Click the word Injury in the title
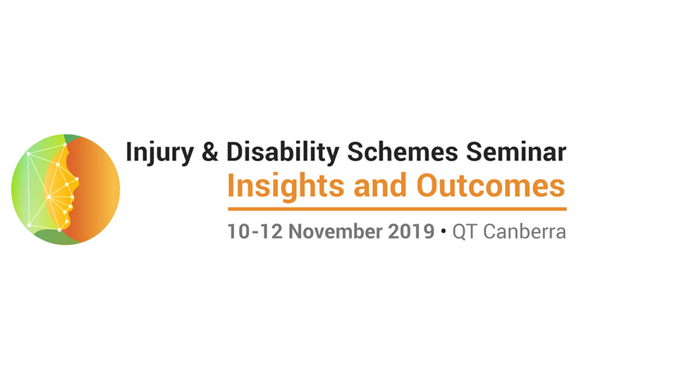point(160,153)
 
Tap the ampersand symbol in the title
point(210,152)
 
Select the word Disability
point(283,153)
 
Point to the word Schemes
point(403,152)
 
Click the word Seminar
point(516,152)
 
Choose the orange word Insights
point(286,186)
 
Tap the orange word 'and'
point(380,186)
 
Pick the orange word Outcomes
point(491,186)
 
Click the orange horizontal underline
point(397,209)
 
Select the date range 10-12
point(255,231)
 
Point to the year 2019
point(411,231)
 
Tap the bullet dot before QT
point(444,232)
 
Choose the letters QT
point(465,232)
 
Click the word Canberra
point(525,231)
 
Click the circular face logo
point(66,189)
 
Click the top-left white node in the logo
point(28,154)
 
